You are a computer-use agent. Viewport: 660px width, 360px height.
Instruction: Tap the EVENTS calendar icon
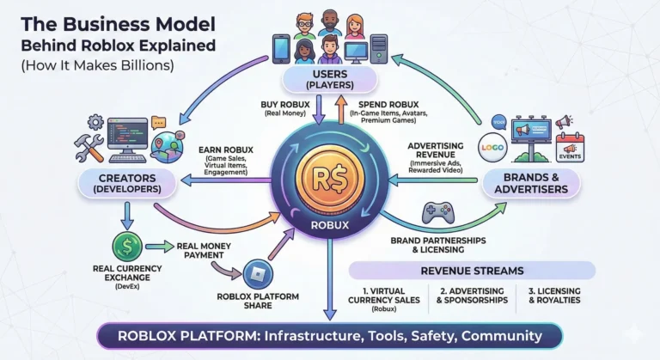point(569,147)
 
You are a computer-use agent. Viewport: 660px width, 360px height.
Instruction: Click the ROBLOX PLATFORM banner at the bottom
point(329,335)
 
